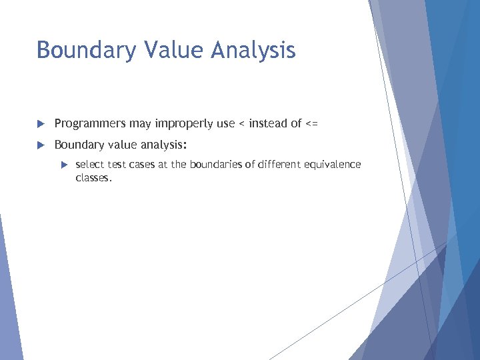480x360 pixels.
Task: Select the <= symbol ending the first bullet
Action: click(x=312, y=123)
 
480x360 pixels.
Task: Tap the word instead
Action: click(x=267, y=123)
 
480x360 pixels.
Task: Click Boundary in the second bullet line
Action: click(x=79, y=145)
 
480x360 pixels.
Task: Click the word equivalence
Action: click(x=333, y=165)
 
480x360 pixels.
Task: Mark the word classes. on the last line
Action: click(x=94, y=178)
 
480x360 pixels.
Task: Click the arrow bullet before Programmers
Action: click(x=40, y=123)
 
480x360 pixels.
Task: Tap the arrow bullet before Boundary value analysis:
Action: click(x=40, y=145)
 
